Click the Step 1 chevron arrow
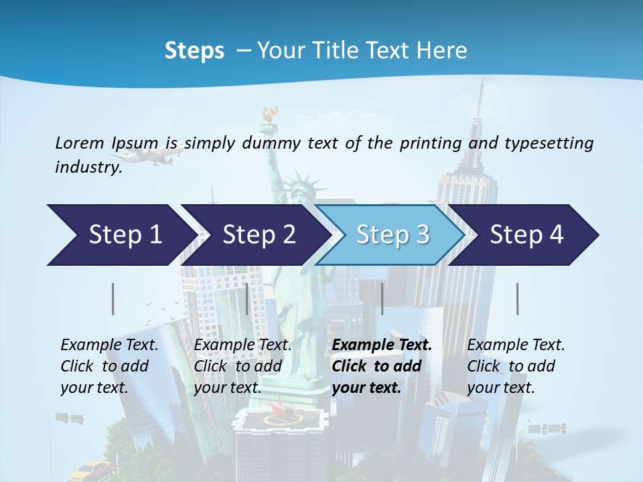click(121, 235)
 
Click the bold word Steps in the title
click(194, 50)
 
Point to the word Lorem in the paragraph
click(80, 143)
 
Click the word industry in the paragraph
click(88, 167)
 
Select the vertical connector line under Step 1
click(113, 299)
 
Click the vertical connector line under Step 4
click(518, 299)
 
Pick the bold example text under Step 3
click(382, 366)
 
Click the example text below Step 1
click(109, 366)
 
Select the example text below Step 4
click(516, 366)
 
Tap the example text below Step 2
click(242, 366)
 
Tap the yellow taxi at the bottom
click(93, 470)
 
